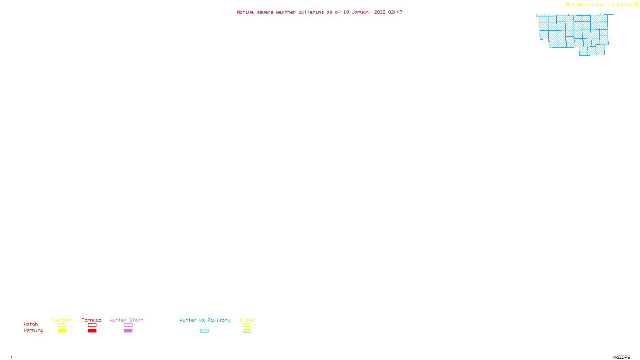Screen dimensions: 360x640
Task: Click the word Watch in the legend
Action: click(x=31, y=324)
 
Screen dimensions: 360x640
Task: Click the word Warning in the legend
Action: click(x=33, y=330)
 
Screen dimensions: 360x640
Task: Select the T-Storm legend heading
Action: click(x=62, y=320)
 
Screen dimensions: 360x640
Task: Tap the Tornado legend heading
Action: click(x=92, y=320)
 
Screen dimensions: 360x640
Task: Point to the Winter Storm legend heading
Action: click(x=126, y=320)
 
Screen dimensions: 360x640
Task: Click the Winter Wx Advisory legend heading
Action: click(x=205, y=320)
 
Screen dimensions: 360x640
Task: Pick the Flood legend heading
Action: click(x=247, y=320)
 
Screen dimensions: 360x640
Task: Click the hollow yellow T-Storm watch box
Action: click(x=62, y=325)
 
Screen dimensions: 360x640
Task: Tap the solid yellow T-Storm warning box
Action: click(x=62, y=331)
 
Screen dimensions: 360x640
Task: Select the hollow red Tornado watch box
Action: click(x=92, y=325)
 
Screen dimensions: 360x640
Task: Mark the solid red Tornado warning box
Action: click(x=92, y=331)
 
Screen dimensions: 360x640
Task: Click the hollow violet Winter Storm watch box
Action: click(x=128, y=325)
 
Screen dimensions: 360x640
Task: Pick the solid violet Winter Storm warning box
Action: click(x=128, y=331)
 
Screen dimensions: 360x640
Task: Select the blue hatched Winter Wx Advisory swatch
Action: click(x=204, y=331)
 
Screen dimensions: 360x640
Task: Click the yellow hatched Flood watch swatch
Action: click(x=247, y=325)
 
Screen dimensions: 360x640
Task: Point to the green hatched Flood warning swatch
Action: click(x=247, y=331)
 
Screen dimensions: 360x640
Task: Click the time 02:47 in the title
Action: click(x=395, y=12)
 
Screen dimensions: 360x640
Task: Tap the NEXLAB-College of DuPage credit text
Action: click(x=599, y=5)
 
